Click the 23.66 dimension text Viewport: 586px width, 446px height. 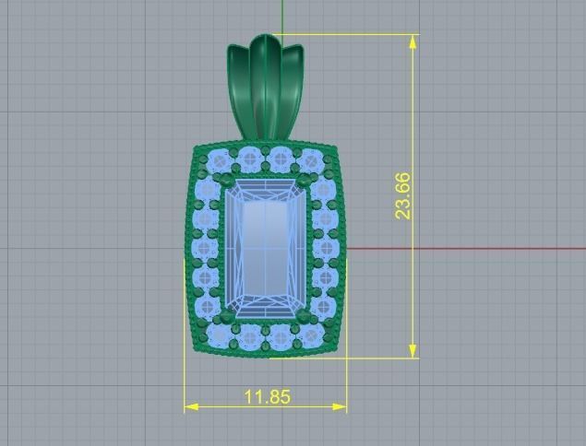pos(403,195)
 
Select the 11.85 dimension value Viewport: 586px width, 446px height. pos(268,397)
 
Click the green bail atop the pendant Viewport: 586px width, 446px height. pos(266,88)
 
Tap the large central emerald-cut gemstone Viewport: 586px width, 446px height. pos(265,249)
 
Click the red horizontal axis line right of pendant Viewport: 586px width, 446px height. pos(461,249)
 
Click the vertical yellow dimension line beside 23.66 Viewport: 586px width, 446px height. pos(413,276)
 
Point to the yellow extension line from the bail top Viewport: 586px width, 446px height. pos(351,35)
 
